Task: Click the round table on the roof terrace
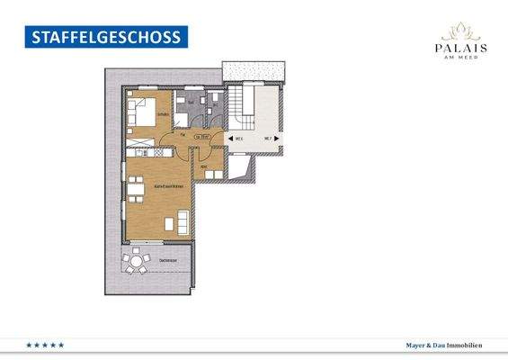(x=137, y=263)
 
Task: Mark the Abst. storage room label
(x=204, y=167)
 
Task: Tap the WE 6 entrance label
(x=240, y=139)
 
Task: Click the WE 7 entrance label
(x=266, y=139)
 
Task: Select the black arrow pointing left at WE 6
(x=228, y=139)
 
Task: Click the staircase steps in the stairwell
(x=241, y=104)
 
